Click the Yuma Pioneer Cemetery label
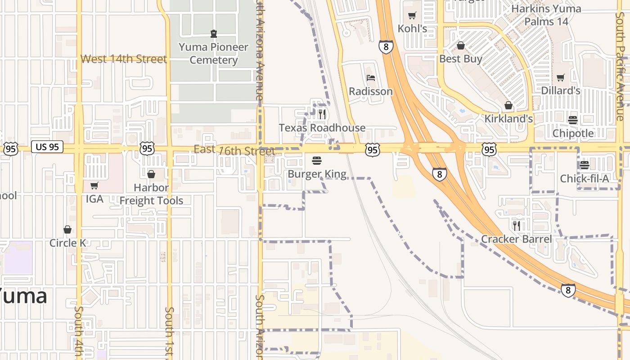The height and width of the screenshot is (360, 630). click(213, 54)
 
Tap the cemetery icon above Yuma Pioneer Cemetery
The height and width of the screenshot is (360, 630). click(213, 33)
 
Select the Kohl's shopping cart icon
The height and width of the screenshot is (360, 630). click(412, 16)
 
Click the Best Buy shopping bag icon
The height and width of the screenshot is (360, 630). click(460, 45)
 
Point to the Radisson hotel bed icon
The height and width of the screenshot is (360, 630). click(371, 77)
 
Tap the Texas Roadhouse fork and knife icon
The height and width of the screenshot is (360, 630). click(322, 114)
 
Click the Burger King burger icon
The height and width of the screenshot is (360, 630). click(317, 160)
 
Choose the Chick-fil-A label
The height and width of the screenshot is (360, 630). click(584, 179)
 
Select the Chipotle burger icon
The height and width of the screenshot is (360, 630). click(573, 120)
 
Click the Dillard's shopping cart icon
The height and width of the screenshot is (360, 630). click(560, 77)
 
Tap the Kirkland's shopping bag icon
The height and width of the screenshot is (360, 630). click(508, 105)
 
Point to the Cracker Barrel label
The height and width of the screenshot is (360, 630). click(516, 239)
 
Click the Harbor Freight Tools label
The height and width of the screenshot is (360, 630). click(151, 194)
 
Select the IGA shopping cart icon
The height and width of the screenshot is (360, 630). click(94, 185)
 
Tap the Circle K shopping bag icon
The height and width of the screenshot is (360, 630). click(67, 229)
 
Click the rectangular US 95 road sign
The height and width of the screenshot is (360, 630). click(47, 147)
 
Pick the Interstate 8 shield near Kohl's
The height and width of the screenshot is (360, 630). click(386, 47)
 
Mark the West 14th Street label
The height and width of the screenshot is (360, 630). click(124, 59)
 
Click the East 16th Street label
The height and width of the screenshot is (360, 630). click(234, 150)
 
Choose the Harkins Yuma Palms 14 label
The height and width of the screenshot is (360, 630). click(546, 15)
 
